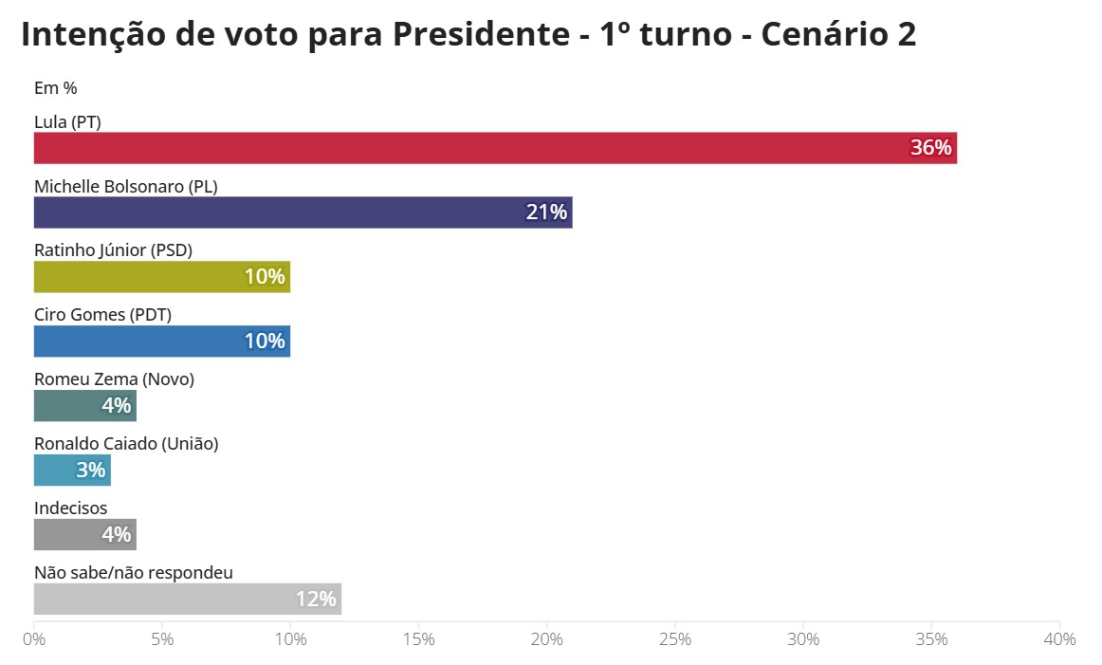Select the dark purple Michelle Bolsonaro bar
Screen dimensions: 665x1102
coord(303,212)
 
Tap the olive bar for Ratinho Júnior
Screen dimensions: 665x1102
coord(161,277)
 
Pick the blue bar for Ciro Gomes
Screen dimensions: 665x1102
coord(161,342)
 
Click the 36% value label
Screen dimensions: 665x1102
coord(929,148)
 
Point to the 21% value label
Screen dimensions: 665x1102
coord(546,212)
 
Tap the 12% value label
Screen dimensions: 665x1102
coord(315,600)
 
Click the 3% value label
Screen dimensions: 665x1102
coord(90,471)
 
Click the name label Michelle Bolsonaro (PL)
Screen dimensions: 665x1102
coord(126,187)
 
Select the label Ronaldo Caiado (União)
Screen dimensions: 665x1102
coord(126,444)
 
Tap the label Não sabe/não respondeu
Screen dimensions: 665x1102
coord(134,573)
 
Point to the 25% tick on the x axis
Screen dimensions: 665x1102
coord(674,639)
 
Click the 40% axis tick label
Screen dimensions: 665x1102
coord(1058,639)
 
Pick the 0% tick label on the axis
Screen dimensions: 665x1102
coord(34,639)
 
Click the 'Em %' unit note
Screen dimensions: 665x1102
coord(55,88)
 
